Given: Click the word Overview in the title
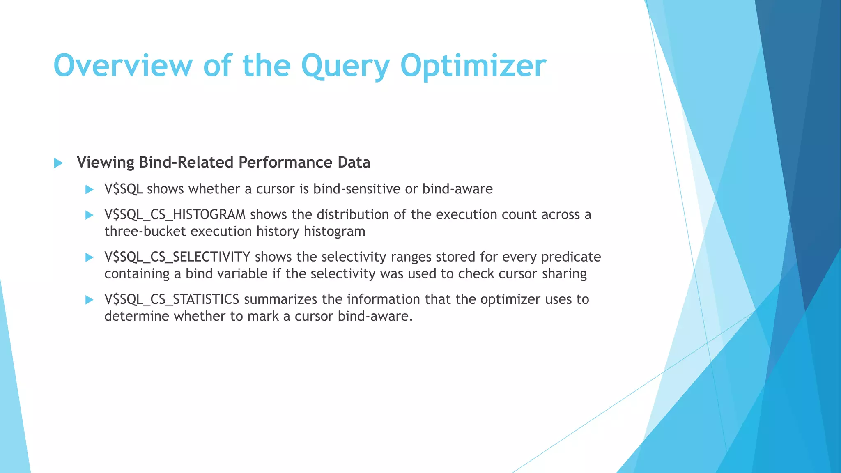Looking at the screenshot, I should coord(122,66).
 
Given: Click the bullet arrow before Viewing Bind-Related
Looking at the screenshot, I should coord(58,163).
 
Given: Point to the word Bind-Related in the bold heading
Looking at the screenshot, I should coord(187,163).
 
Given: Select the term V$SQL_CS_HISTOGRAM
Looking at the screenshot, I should coord(175,215).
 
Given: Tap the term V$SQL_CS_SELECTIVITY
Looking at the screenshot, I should coord(177,257).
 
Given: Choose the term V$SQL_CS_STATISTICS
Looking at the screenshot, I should coord(172,299).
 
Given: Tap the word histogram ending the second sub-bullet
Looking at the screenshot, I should coord(334,232).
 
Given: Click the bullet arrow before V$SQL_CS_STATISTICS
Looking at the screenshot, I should coord(89,300).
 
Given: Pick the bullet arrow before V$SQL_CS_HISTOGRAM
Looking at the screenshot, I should coord(89,215).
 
